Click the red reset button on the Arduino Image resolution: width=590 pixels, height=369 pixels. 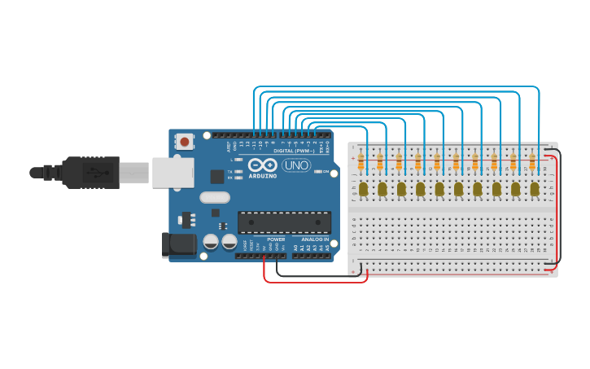coord(185,142)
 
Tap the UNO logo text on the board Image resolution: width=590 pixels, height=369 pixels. coord(295,165)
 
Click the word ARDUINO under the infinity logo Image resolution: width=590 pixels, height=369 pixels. coord(263,175)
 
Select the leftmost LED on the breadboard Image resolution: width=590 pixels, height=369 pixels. coord(363,189)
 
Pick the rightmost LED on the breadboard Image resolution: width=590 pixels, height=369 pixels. coord(535,189)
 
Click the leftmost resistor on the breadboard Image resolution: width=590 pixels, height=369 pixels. coord(361,163)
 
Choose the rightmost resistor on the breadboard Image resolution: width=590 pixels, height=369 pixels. coord(532,163)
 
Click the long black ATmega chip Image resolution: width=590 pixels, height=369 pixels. coord(284,222)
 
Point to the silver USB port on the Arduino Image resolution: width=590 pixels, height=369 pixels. coord(173,172)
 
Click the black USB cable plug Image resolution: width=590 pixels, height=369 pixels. coord(90,173)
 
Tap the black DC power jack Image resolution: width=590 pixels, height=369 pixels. coord(179,245)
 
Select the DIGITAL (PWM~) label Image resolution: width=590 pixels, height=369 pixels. coord(294,151)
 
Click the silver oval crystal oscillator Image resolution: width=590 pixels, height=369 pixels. coord(214,197)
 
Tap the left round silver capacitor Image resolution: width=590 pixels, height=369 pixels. coord(211,242)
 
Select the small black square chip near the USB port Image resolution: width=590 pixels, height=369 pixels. coord(217,176)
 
